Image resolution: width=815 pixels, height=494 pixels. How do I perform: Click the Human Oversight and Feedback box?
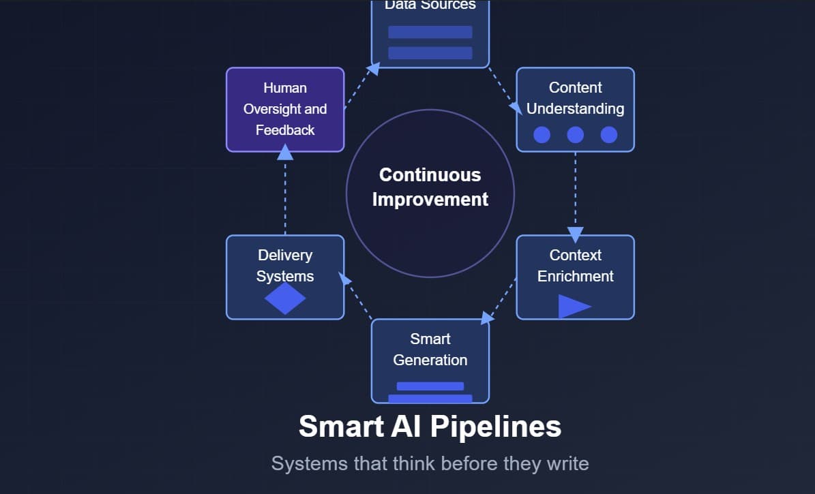(x=285, y=109)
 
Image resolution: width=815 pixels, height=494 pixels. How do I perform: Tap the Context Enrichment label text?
(x=575, y=266)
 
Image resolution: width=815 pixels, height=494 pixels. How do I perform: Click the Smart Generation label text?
(x=430, y=350)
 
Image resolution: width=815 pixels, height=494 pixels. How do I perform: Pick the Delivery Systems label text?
(x=285, y=266)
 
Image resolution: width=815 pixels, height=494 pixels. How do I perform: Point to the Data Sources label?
(x=430, y=5)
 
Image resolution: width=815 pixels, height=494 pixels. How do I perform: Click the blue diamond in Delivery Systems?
(x=285, y=298)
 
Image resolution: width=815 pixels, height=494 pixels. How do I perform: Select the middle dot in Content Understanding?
(x=575, y=135)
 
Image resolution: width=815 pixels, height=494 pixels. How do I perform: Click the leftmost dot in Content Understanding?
(x=542, y=135)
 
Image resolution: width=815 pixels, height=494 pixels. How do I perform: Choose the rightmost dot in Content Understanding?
(x=609, y=135)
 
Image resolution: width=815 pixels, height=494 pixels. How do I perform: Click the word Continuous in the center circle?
(x=430, y=175)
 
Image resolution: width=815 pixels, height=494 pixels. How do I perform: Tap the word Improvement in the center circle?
(x=430, y=200)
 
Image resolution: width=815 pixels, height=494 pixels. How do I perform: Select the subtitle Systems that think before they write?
(x=430, y=464)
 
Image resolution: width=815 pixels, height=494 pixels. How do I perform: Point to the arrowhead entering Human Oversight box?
(x=285, y=153)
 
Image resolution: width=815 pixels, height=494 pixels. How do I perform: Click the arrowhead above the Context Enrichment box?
(x=575, y=235)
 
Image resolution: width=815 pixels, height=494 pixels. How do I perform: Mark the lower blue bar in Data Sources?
(x=430, y=53)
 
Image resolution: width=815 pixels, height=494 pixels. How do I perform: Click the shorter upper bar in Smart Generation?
(x=430, y=386)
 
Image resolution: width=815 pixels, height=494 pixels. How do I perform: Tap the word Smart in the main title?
(x=342, y=427)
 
